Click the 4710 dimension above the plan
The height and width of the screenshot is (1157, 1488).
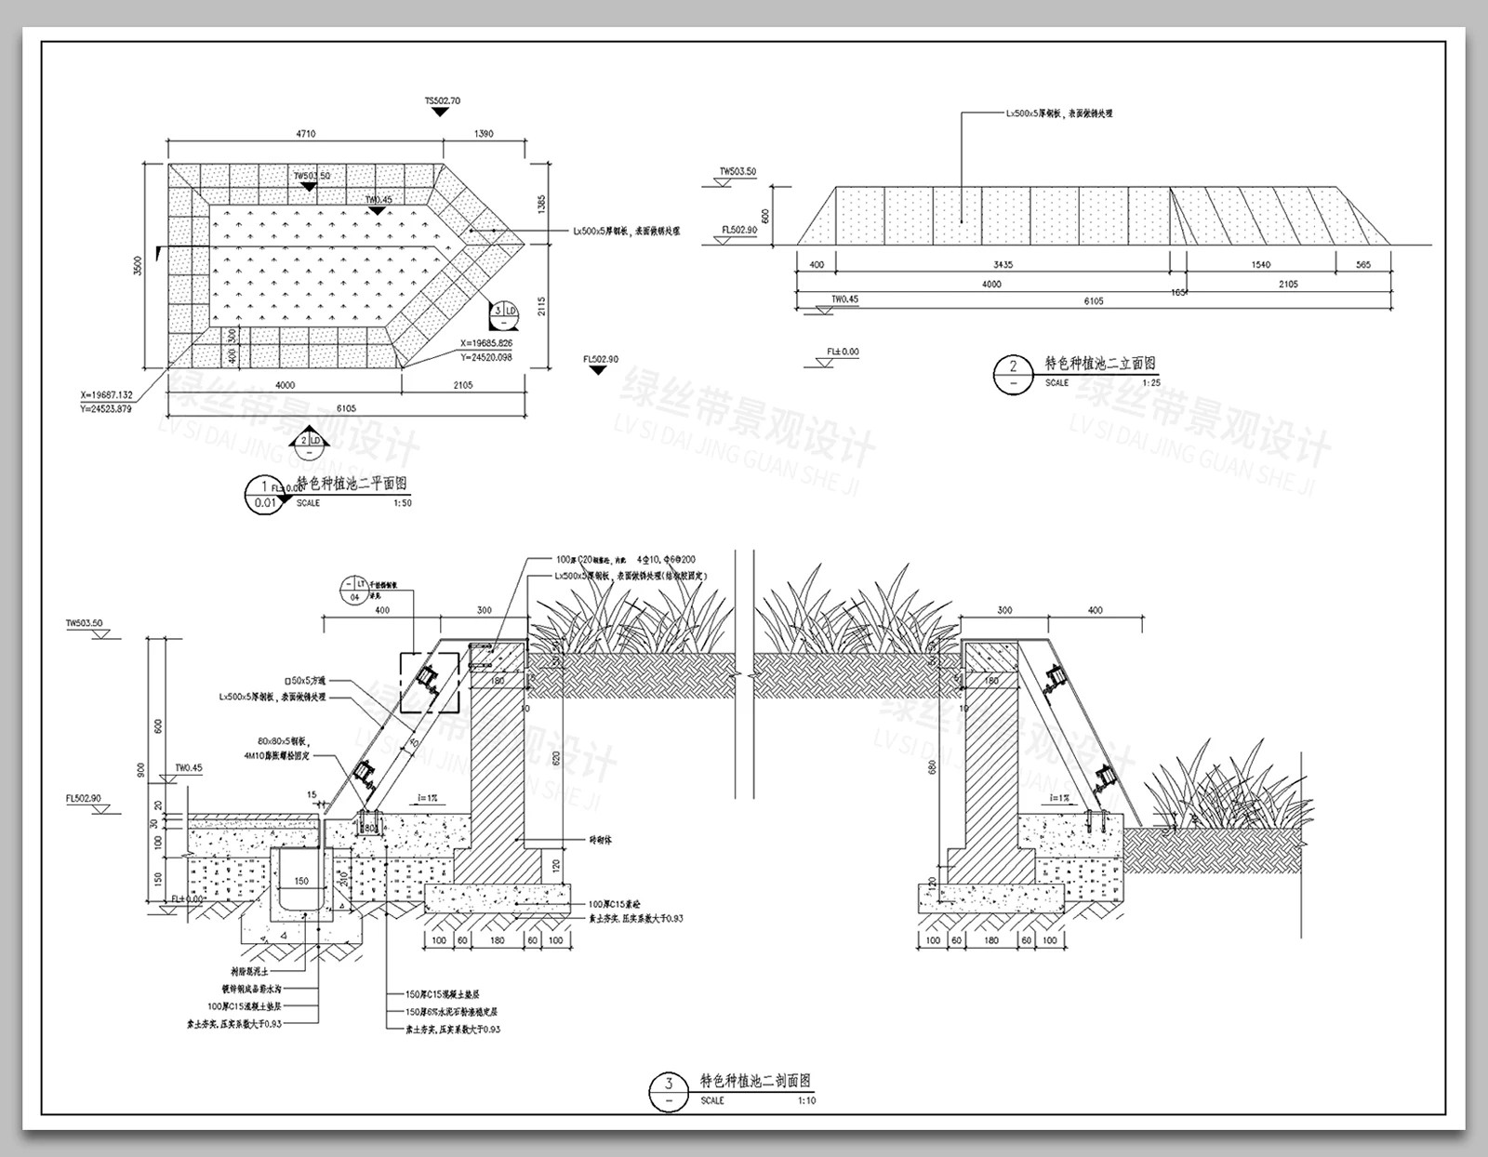(305, 134)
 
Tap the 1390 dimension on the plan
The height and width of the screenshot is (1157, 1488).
(484, 134)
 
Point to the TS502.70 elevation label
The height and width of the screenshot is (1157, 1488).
(443, 100)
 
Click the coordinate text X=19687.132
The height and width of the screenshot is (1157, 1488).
(106, 395)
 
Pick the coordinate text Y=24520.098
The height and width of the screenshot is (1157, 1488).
(485, 356)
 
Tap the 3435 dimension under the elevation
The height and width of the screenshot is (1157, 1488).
(1003, 265)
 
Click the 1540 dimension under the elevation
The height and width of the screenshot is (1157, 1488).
(1260, 265)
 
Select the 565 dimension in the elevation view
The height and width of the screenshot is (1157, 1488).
(1363, 265)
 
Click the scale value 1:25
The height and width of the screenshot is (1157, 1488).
(1151, 382)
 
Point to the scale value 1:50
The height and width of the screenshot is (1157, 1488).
(403, 503)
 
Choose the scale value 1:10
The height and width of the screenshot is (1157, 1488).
(806, 1100)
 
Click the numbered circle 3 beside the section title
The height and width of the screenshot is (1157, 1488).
(669, 1084)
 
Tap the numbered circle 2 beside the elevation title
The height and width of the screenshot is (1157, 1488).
(1013, 366)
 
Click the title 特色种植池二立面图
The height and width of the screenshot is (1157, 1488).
(1100, 364)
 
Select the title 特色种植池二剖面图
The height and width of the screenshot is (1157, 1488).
(755, 1082)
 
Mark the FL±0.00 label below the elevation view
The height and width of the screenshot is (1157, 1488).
(843, 352)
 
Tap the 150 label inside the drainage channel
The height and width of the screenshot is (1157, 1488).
(301, 881)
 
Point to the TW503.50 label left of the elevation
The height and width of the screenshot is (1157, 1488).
(737, 172)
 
